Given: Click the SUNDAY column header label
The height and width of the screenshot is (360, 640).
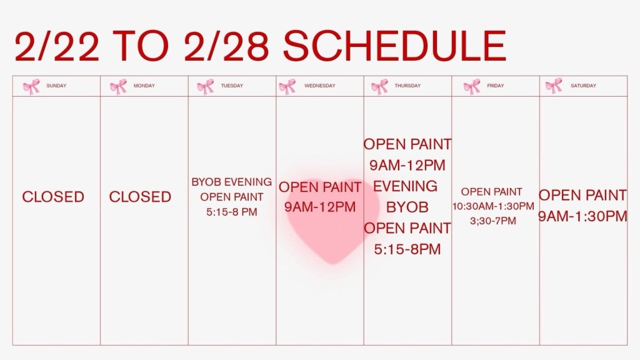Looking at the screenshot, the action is tap(56, 86).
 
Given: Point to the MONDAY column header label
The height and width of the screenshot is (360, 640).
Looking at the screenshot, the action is tap(144, 86).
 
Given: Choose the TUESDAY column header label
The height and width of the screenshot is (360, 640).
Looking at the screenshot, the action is tap(232, 86).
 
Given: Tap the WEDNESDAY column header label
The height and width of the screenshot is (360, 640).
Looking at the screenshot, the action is tap(319, 86).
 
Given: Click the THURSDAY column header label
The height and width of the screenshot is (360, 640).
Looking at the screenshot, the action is tap(407, 86).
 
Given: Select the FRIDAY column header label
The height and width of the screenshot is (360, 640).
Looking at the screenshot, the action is tap(496, 86).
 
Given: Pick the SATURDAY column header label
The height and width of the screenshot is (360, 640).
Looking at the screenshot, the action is tap(583, 86).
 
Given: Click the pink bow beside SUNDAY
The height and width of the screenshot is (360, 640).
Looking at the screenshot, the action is tap(31, 86).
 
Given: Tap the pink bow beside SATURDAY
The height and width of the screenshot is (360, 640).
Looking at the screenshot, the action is tap(554, 86).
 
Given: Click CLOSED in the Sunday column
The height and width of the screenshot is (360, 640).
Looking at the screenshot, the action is tap(53, 197).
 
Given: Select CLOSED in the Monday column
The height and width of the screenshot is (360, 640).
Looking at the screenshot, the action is tap(140, 197).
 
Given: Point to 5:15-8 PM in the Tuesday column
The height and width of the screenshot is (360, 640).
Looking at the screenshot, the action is tap(231, 212).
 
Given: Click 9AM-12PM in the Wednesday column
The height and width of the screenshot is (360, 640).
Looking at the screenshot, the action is tap(320, 207).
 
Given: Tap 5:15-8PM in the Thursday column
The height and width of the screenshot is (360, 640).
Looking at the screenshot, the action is tap(407, 249).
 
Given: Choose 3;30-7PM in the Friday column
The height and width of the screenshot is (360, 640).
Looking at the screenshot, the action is tap(493, 221).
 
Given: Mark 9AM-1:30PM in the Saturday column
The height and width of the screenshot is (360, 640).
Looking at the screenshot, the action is tap(583, 216).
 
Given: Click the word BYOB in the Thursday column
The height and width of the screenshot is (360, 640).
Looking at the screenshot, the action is tap(407, 207).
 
